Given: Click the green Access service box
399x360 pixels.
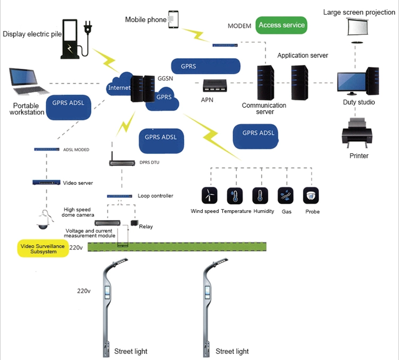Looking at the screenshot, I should [x=282, y=25].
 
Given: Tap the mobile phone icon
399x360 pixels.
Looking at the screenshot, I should [x=173, y=19].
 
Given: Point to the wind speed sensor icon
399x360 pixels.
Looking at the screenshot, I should [x=210, y=195].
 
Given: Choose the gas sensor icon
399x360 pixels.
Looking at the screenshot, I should [x=286, y=195].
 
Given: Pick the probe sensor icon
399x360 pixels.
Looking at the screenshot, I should [x=311, y=195].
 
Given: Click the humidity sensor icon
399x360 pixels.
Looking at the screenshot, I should [x=260, y=195].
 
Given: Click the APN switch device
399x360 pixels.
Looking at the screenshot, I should [x=215, y=85].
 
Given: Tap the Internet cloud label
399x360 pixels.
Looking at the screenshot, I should [x=119, y=88].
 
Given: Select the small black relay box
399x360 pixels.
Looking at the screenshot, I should [x=134, y=223].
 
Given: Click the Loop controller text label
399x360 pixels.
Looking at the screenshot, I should [x=155, y=196].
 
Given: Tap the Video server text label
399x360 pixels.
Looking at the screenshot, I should [x=78, y=183].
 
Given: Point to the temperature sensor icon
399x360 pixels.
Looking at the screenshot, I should [x=235, y=195].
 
